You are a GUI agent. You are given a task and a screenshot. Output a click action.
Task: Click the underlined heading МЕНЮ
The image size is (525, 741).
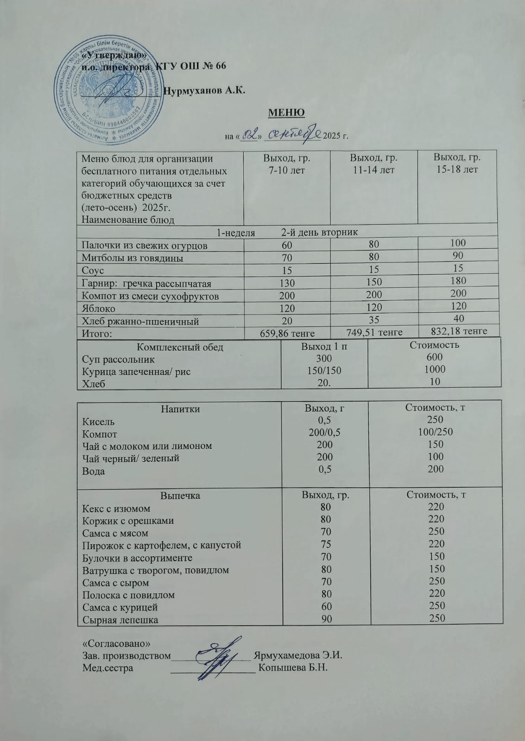[286, 113]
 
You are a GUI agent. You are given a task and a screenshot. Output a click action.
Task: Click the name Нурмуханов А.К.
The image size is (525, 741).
[205, 90]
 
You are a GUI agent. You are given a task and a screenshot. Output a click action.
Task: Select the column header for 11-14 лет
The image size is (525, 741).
[373, 163]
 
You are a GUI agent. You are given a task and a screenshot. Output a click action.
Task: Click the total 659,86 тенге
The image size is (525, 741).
[287, 333]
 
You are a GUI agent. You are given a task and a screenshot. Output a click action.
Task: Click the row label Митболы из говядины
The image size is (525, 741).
[133, 258]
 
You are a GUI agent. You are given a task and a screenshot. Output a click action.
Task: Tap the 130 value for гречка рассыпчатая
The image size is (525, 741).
[287, 283]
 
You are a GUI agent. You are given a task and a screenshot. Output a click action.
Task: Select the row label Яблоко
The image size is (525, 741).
[99, 308]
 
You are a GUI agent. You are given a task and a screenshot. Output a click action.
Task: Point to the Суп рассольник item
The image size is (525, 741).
[118, 359]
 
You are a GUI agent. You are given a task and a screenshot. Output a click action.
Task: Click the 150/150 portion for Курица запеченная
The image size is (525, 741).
[324, 370]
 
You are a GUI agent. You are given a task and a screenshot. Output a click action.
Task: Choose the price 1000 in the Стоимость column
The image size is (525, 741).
[434, 369]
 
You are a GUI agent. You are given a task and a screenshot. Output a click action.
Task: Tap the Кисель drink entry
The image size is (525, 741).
[98, 422]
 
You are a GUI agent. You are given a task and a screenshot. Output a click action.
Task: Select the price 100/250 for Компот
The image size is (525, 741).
[435, 432]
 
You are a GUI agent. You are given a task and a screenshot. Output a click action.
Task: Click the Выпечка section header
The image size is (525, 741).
[180, 496]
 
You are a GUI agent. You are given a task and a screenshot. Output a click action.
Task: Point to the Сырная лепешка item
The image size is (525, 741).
[120, 620]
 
